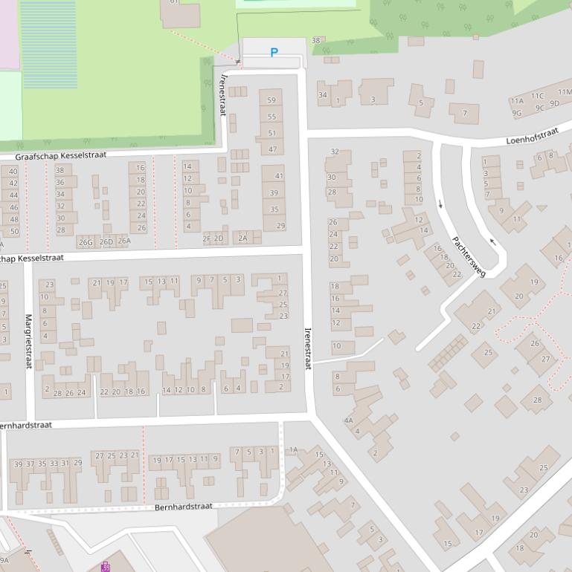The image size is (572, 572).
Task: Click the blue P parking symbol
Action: (274, 53)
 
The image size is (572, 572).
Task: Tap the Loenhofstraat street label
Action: (532, 136)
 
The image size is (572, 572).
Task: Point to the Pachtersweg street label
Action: (469, 257)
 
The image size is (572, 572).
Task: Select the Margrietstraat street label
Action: (29, 341)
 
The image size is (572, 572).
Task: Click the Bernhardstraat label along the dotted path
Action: (184, 507)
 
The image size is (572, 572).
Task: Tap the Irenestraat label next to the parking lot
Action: (222, 94)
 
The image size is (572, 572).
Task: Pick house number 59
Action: (271, 100)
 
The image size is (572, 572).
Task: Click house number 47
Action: (272, 149)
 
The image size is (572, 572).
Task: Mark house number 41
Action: (279, 176)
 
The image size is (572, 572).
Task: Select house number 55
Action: (271, 117)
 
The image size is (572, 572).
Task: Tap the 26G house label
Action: (86, 242)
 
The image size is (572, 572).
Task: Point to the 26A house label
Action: (123, 241)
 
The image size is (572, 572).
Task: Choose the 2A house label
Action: (242, 238)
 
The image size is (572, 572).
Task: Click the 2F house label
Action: (207, 238)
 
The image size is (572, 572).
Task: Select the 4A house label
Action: (348, 420)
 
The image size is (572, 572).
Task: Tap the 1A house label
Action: (293, 449)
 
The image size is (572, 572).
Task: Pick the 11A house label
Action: (516, 101)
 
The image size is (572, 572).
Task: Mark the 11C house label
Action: (537, 96)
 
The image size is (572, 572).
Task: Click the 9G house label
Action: (516, 114)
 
